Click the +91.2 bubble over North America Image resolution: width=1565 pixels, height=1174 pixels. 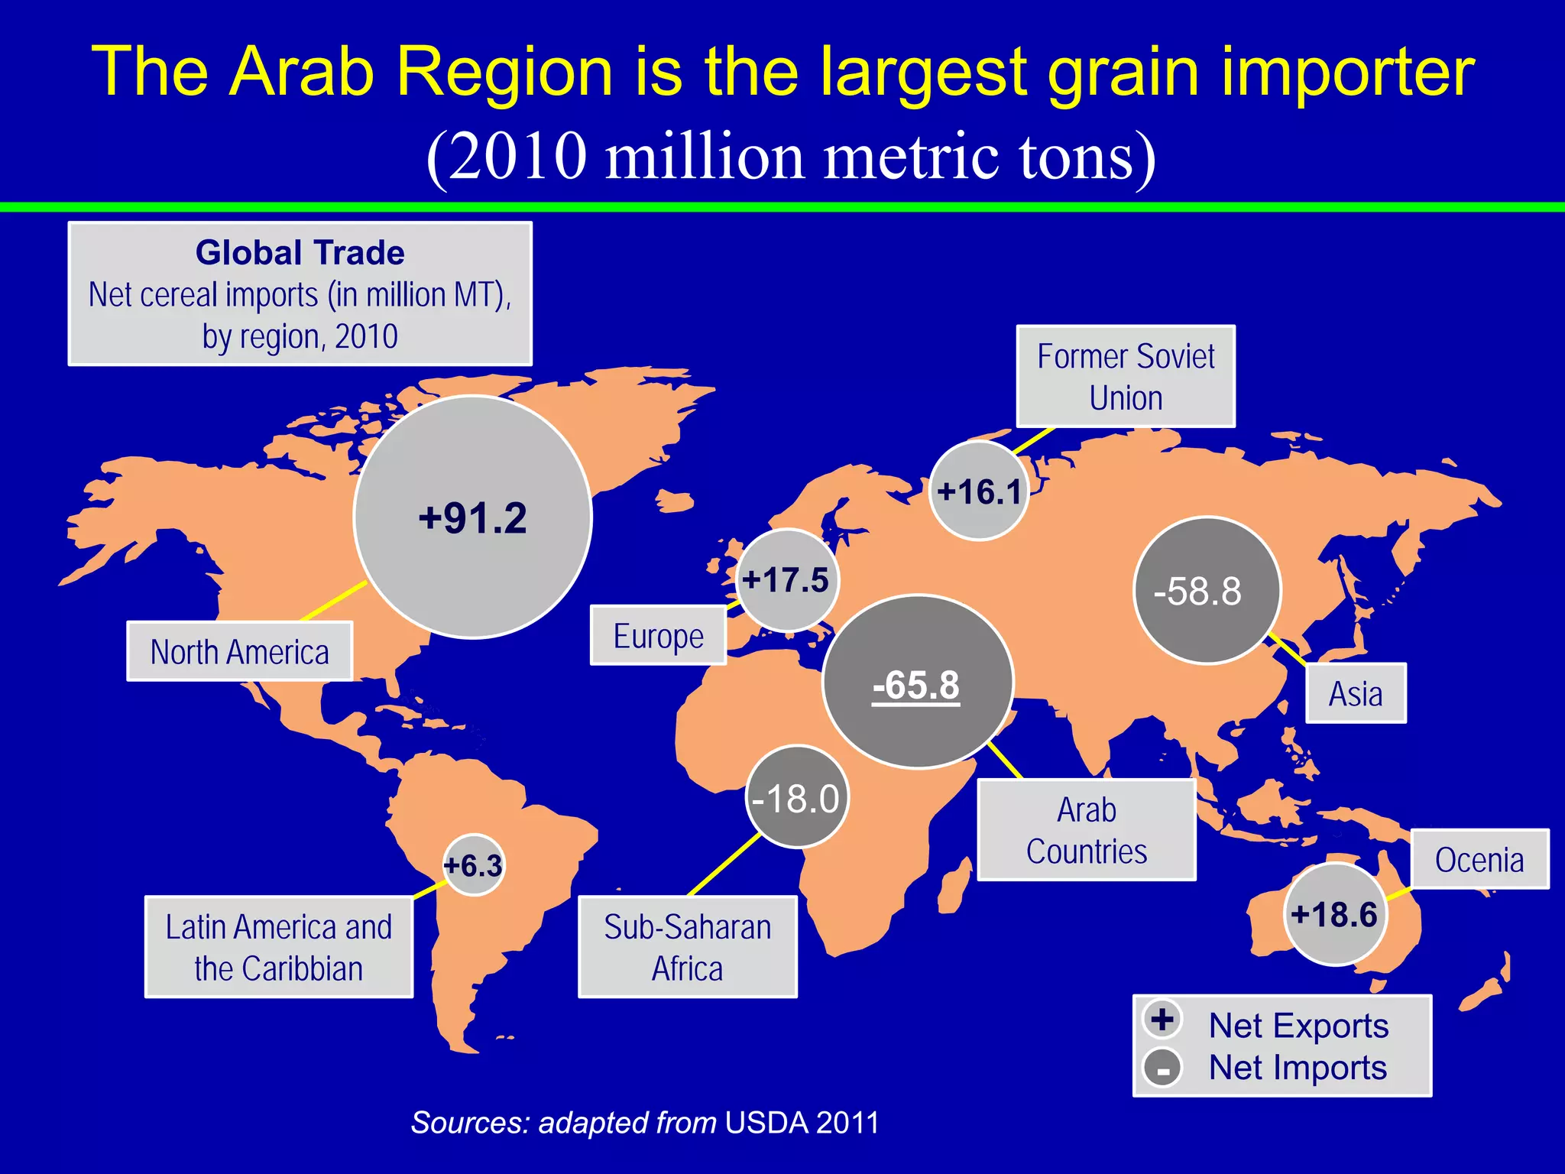click(x=473, y=517)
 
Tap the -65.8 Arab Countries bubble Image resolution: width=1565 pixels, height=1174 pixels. click(x=918, y=683)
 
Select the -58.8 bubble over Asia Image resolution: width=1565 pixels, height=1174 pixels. click(x=1207, y=591)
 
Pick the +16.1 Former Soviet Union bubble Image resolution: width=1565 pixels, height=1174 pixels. click(x=979, y=491)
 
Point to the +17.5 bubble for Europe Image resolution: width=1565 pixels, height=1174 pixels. click(x=787, y=580)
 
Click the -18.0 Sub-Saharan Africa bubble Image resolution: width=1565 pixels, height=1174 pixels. click(x=797, y=798)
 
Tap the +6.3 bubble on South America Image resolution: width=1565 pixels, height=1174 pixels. click(x=474, y=866)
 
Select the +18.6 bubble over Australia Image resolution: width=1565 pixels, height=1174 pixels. click(x=1335, y=914)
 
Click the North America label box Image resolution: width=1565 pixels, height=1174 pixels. click(x=239, y=652)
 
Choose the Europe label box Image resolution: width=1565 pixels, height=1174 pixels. click(x=658, y=636)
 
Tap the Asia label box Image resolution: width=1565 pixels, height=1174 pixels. click(x=1356, y=694)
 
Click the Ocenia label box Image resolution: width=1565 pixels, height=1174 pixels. click(x=1479, y=860)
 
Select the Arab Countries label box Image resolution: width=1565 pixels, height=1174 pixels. click(x=1087, y=831)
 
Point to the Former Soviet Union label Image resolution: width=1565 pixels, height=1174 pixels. click(x=1126, y=377)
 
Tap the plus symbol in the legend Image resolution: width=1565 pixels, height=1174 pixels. click(x=1162, y=1020)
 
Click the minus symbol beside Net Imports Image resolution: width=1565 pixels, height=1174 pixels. click(x=1162, y=1069)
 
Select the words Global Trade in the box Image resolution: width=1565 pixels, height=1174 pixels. click(x=300, y=253)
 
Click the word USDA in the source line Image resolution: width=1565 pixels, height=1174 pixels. click(x=766, y=1123)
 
